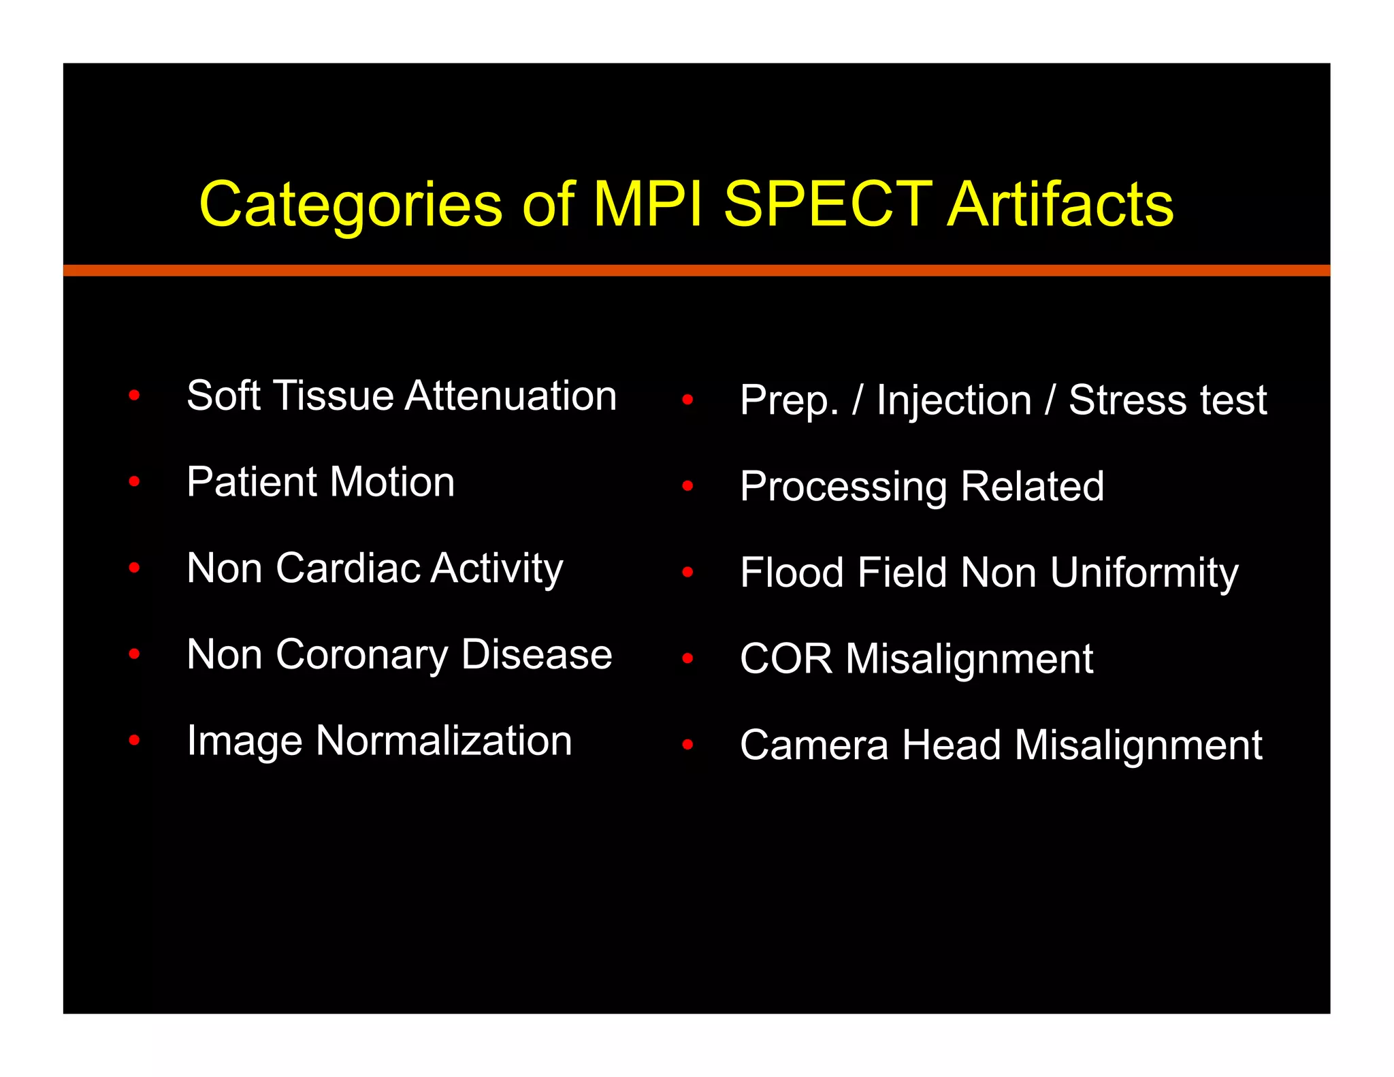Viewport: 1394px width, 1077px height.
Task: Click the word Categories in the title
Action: click(351, 205)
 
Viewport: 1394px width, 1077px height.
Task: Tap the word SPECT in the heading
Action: click(827, 204)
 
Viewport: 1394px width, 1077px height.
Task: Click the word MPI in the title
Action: click(647, 204)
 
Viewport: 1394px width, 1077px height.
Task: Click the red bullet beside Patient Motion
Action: click(134, 482)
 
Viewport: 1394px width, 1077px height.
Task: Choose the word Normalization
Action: click(444, 741)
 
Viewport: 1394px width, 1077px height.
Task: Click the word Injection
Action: click(954, 400)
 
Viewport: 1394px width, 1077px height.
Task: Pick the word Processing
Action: click(843, 487)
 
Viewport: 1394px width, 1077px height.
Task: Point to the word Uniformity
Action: click(1144, 573)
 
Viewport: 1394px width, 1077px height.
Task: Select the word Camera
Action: click(814, 745)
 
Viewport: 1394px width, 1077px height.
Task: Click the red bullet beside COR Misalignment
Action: click(687, 658)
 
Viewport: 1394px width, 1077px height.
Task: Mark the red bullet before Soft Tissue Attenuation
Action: click(134, 396)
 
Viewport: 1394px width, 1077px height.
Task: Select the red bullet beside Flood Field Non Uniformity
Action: click(687, 573)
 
